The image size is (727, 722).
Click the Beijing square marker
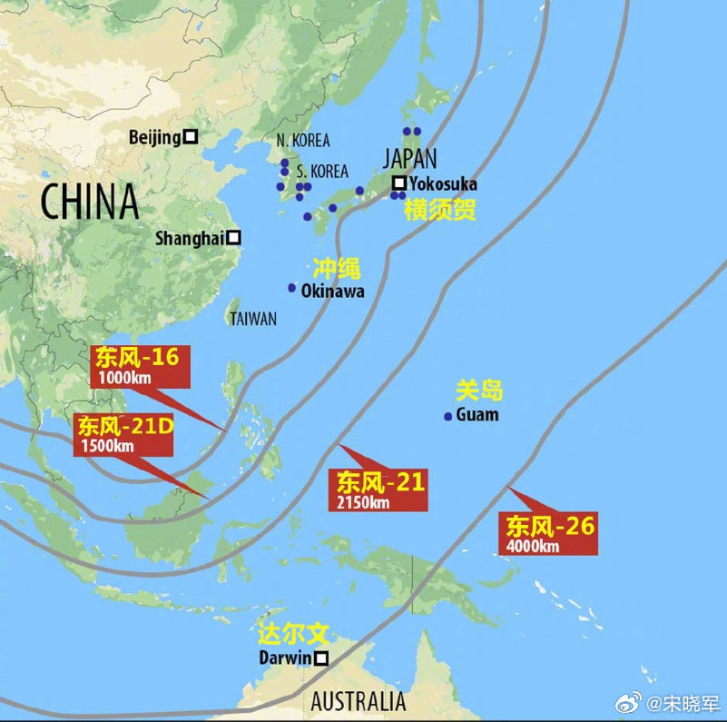click(x=191, y=137)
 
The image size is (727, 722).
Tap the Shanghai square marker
click(x=233, y=238)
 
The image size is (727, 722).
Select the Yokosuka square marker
click(x=398, y=183)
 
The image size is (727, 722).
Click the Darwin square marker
click(x=320, y=658)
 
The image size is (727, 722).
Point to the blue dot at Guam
click(x=447, y=417)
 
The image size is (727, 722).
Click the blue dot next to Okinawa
click(x=292, y=288)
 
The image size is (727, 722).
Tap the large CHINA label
click(x=89, y=202)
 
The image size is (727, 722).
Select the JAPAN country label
click(x=409, y=158)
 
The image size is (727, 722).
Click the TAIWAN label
click(x=253, y=320)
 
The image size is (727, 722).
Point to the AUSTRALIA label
click(x=359, y=701)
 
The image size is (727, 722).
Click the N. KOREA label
click(x=303, y=141)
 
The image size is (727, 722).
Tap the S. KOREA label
click(x=322, y=171)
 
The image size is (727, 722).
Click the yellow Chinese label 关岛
click(x=478, y=391)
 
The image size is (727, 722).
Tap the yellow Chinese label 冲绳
click(x=337, y=268)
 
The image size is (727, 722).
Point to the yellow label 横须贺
click(x=439, y=210)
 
